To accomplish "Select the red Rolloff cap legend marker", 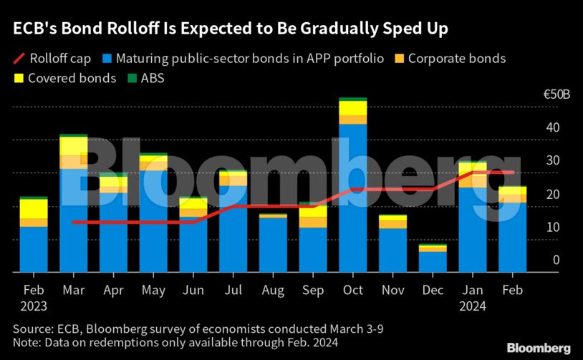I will (x=19, y=58).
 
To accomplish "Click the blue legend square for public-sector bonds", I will (x=106, y=58).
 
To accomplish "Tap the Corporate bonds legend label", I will (x=456, y=58).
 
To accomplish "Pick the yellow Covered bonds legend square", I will (x=18, y=78).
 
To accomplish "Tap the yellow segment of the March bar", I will (x=74, y=145).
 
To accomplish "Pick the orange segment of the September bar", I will (x=314, y=222).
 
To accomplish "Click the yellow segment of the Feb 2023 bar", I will (x=34, y=208).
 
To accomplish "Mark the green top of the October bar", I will (x=353, y=99).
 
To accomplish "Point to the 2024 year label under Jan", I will (x=472, y=306).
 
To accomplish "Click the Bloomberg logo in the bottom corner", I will (x=539, y=347).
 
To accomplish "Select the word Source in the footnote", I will (x=31, y=329).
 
